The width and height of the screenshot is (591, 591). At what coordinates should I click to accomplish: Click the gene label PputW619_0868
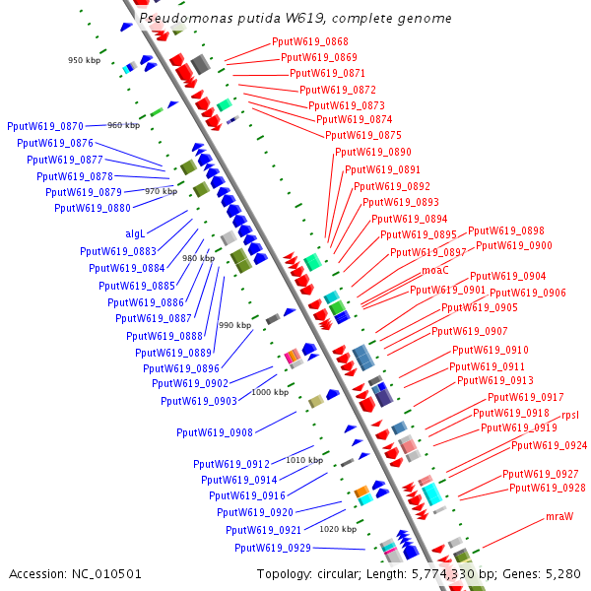click(x=309, y=42)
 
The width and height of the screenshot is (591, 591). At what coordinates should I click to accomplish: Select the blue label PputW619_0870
click(x=45, y=126)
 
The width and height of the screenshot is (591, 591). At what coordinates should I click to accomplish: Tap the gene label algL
click(x=135, y=233)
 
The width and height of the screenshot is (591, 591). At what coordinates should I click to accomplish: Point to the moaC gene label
click(x=435, y=270)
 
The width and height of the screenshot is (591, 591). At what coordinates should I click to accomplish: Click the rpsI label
click(x=570, y=415)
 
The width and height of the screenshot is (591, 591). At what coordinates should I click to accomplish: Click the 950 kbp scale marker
click(x=84, y=61)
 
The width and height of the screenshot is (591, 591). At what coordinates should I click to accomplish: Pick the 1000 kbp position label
click(x=270, y=392)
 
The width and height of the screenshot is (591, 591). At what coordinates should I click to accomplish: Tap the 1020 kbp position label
click(x=337, y=529)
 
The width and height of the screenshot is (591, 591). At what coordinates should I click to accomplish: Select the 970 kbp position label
click(x=161, y=191)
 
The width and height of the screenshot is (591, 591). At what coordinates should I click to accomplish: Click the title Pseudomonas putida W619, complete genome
click(x=295, y=19)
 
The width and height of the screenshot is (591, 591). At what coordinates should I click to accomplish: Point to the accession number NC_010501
click(x=76, y=574)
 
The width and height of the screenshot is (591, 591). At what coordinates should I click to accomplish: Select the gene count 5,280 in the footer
click(x=562, y=574)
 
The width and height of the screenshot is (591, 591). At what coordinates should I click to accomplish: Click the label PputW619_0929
click(x=273, y=548)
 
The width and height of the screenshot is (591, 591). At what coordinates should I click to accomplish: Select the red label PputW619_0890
click(x=373, y=153)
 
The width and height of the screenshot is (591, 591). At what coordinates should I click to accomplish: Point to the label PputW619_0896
click(x=181, y=368)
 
